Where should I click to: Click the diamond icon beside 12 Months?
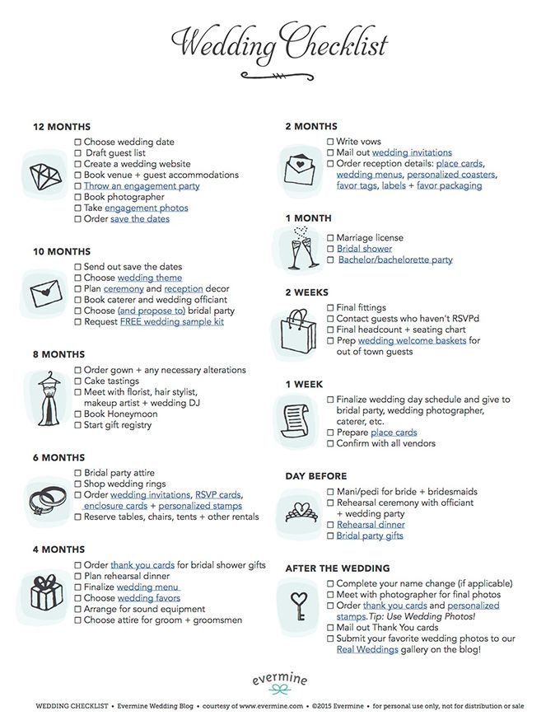pos(46,175)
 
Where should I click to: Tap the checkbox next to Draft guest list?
pos(79,153)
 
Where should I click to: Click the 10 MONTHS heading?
pos(62,251)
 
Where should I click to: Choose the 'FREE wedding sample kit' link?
pos(171,322)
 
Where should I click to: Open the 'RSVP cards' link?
pos(217,495)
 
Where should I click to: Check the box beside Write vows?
pos(330,142)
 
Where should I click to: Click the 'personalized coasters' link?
pos(450,175)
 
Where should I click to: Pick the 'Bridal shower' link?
pos(364,249)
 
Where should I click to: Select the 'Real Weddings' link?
pos(367,649)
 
